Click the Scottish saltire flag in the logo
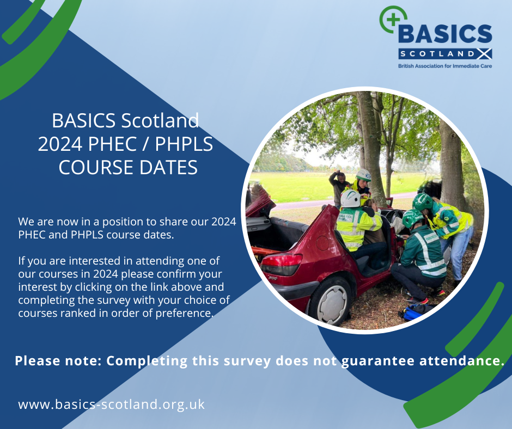click(484, 54)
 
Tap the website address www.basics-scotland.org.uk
click(112, 405)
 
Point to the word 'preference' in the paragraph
click(182, 312)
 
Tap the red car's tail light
click(281, 263)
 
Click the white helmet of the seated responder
click(350, 199)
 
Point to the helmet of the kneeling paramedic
click(412, 218)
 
